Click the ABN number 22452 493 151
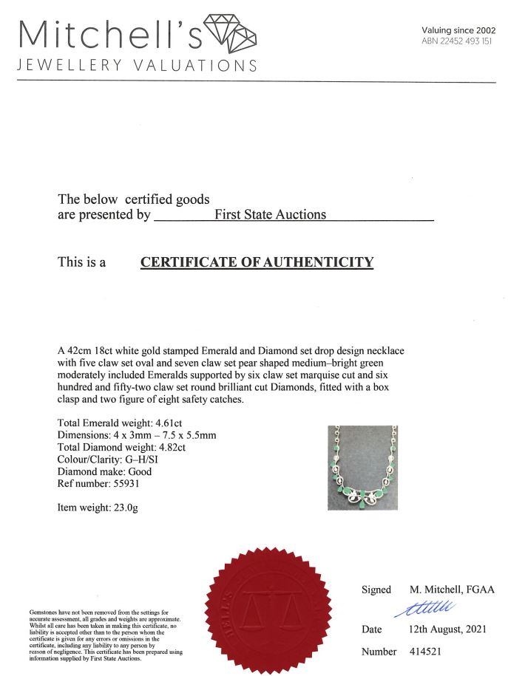tap(456, 41)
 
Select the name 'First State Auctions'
tap(270, 214)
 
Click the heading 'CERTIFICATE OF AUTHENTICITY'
tap(257, 262)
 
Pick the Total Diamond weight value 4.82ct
tap(167, 447)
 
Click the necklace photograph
tap(362, 467)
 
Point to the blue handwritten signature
tap(427, 607)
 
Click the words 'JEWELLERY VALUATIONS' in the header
tap(137, 65)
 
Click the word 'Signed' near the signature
tap(376, 590)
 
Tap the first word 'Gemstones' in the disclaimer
tap(44, 612)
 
